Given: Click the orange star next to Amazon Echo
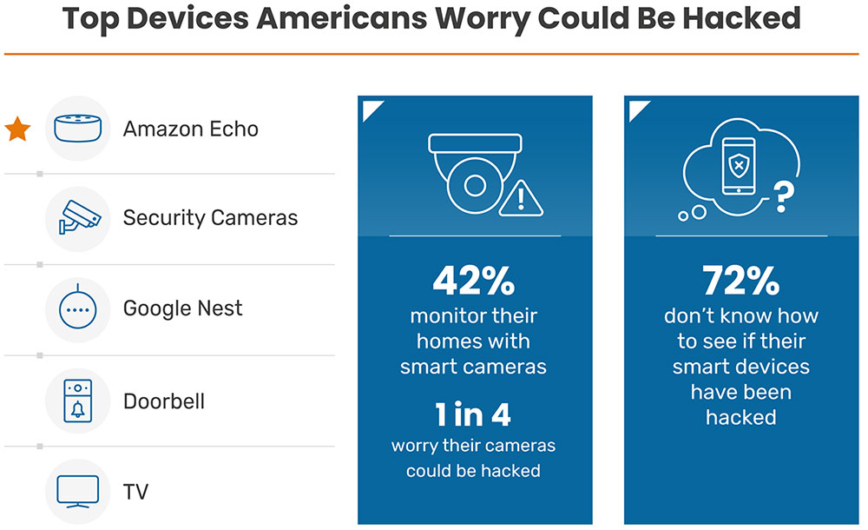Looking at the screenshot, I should tap(18, 129).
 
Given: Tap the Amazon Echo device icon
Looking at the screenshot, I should tap(78, 129).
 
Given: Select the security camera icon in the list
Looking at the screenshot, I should tap(78, 217).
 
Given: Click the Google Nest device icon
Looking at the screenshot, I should tap(78, 309).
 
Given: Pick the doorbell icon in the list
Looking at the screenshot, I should tap(78, 401).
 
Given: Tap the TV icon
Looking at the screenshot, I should tap(78, 491).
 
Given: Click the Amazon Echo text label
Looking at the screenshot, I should tap(190, 129).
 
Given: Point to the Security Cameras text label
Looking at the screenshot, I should tap(210, 217).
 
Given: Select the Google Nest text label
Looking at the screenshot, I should tap(182, 308).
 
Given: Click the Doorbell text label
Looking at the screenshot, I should tap(164, 401).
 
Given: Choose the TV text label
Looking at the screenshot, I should tap(135, 492).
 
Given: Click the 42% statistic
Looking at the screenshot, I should tap(474, 282).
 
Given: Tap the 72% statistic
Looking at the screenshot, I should tap(740, 282).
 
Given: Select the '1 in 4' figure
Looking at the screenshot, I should tap(473, 415).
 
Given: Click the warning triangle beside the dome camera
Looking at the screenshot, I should tap(521, 199).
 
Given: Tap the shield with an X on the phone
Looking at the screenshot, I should tap(738, 165).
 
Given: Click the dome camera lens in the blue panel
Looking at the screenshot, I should tap(474, 184).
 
